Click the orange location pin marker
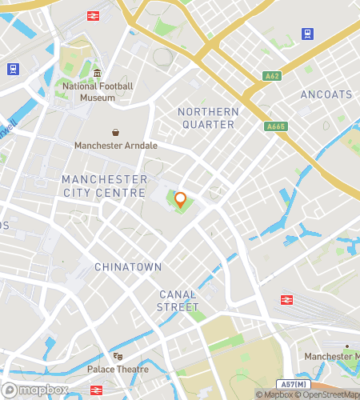[x=180, y=199]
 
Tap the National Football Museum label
[x=97, y=92]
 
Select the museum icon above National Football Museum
[x=97, y=74]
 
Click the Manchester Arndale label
[x=116, y=146]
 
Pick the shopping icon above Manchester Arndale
[x=116, y=132]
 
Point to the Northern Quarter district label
[x=208, y=118]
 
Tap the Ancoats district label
[x=326, y=94]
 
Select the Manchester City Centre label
[x=105, y=186]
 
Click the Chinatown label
[x=128, y=266]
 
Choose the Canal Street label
[x=178, y=300]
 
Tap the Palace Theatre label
[x=118, y=369]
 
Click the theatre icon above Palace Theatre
[x=118, y=356]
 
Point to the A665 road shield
[x=276, y=126]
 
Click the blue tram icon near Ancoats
[x=307, y=34]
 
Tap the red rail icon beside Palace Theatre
[x=96, y=390]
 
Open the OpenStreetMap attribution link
[x=328, y=394]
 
